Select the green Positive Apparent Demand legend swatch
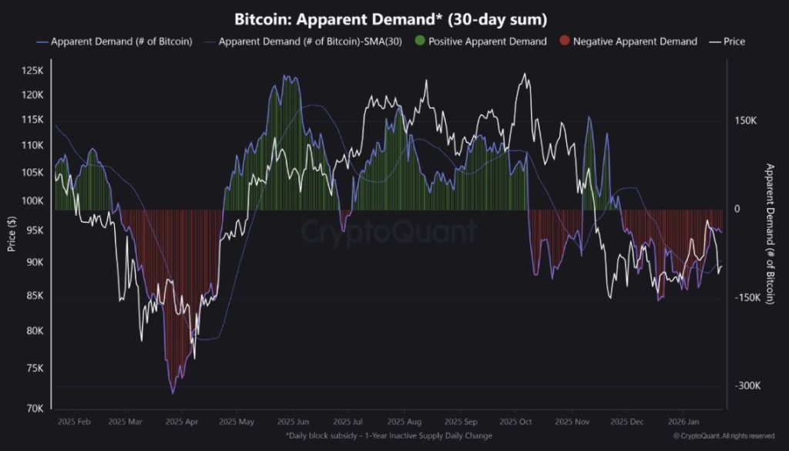[x=420, y=41]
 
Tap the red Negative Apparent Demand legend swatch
[x=565, y=41]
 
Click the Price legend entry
[x=728, y=41]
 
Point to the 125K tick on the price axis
[x=32, y=71]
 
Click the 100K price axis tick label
[x=32, y=200]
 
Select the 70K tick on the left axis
[x=35, y=408]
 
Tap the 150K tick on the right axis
[x=747, y=121]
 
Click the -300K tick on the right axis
[x=747, y=386]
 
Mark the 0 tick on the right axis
[x=736, y=210]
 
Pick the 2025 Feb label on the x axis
[x=74, y=422]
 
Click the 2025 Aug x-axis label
[x=405, y=422]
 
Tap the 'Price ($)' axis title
[x=12, y=232]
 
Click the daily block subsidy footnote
[x=388, y=436]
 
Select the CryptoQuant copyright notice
[x=724, y=436]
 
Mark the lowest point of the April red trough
[x=173, y=393]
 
